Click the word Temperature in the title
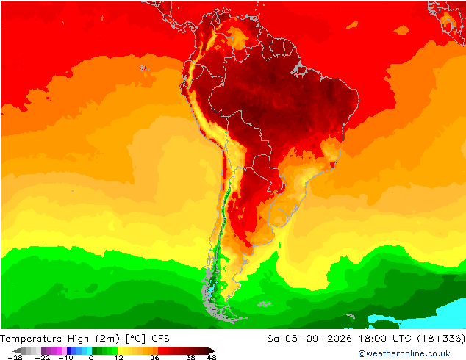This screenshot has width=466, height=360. [31, 339]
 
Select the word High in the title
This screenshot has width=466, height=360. [78, 339]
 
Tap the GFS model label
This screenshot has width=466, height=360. [160, 339]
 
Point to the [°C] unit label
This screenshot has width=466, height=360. [136, 339]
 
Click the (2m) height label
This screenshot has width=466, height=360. [107, 339]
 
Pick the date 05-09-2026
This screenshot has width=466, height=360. [318, 339]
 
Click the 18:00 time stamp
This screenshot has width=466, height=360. [373, 339]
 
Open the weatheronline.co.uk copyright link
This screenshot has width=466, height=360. [404, 353]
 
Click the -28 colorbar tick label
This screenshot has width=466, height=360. [15, 357]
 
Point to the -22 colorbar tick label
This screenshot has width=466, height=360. [42, 357]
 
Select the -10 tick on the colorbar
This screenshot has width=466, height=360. [65, 357]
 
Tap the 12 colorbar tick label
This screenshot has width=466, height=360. [119, 357]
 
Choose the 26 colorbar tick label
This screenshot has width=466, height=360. [154, 357]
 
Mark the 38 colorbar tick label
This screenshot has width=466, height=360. [190, 357]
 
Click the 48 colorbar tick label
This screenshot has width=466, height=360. [212, 357]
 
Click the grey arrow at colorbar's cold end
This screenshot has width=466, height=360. [17, 350]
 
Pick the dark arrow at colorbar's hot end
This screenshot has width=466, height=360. [211, 350]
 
